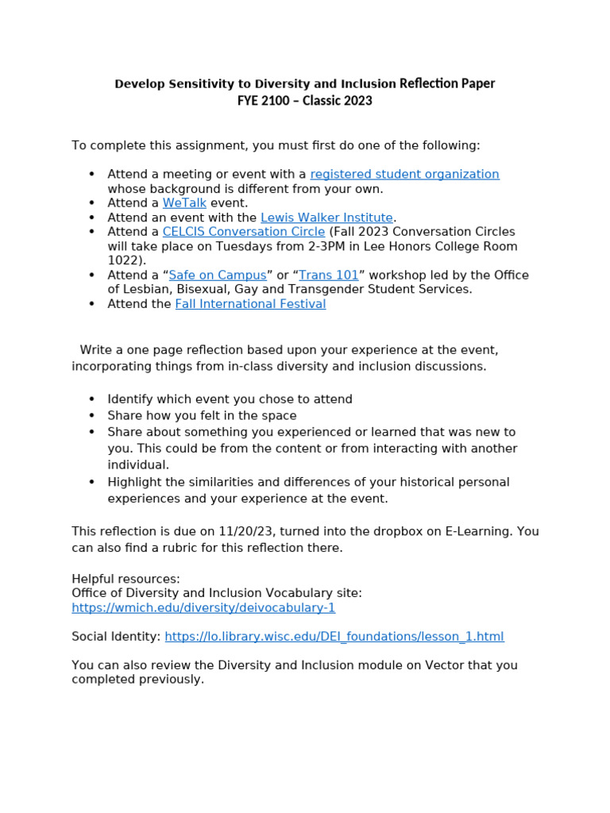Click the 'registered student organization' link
tap(404, 174)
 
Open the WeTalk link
tap(184, 203)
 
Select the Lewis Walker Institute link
tap(326, 218)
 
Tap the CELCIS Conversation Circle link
tap(244, 232)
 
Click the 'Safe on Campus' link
tap(218, 275)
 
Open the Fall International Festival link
tap(250, 304)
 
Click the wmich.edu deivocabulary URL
tap(203, 607)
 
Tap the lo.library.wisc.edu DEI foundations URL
tap(334, 637)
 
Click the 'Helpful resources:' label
tap(125, 579)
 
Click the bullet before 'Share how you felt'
tap(92, 415)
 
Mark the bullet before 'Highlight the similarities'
tap(92, 482)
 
